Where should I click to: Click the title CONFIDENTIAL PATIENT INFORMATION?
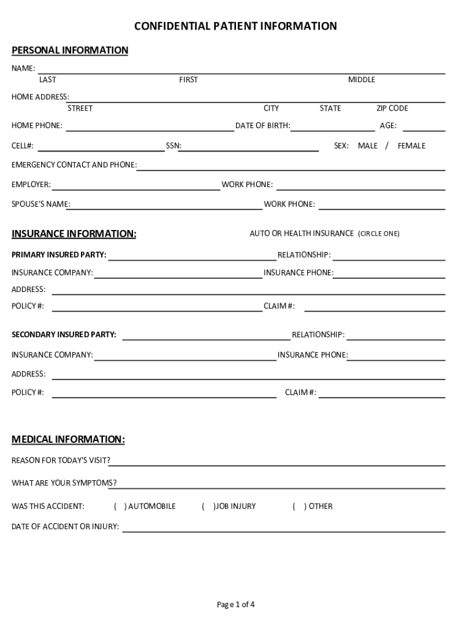[x=235, y=26]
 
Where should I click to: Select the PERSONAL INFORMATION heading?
[x=70, y=50]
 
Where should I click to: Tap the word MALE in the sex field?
[x=368, y=146]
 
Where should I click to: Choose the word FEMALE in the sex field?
[x=411, y=146]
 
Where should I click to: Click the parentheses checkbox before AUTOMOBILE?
[x=120, y=507]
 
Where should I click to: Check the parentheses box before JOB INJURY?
[x=208, y=507]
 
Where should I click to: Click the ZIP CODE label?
[x=392, y=109]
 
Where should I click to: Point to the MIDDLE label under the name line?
[x=362, y=80]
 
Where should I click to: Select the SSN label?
[x=173, y=146]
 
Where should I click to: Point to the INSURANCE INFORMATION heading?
[x=74, y=234]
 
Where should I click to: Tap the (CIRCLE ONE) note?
[x=379, y=234]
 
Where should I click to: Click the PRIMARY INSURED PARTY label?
[x=59, y=255]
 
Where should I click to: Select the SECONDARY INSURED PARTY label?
[x=64, y=335]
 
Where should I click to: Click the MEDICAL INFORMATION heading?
[x=69, y=440]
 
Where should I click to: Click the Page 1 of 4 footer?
[x=235, y=605]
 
